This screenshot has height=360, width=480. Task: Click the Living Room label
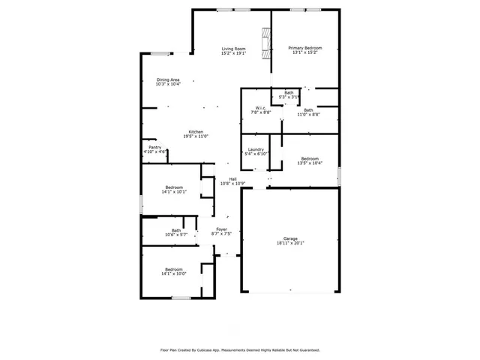[233, 49]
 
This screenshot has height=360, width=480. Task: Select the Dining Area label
[168, 79]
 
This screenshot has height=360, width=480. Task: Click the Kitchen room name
[196, 131]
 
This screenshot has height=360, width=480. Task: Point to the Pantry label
[154, 148]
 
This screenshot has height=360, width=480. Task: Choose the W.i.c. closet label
[261, 107]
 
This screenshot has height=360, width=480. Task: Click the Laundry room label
[256, 149]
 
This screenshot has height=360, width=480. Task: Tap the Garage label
[290, 238]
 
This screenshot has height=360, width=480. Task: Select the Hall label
[233, 178]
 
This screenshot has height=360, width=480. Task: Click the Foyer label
[222, 229]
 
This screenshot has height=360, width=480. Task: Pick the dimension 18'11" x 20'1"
[290, 244]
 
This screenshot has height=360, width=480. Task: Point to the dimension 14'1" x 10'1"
[174, 193]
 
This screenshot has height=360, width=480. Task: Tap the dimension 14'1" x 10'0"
[174, 274]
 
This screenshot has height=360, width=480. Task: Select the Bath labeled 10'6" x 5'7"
[176, 233]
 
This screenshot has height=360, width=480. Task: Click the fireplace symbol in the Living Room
[265, 42]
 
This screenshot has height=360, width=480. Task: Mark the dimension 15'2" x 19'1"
[233, 54]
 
